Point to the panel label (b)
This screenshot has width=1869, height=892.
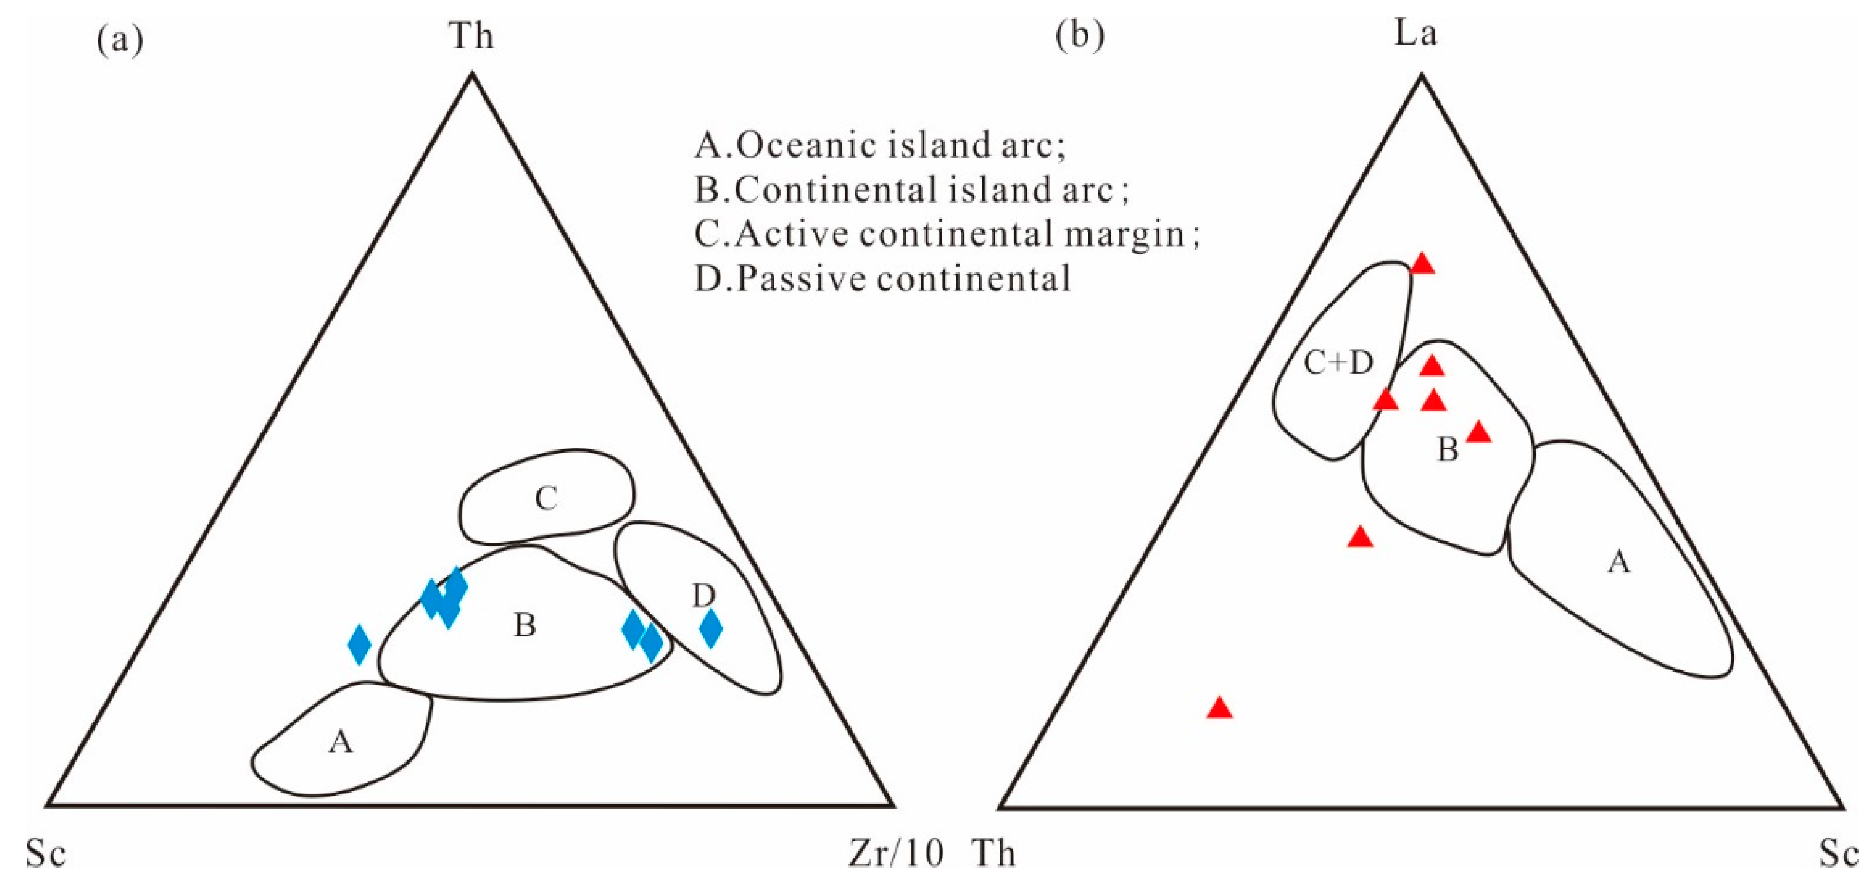[x=1080, y=35]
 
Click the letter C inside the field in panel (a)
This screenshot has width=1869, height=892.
[x=546, y=499]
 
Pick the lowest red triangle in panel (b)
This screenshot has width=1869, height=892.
[x=1220, y=708]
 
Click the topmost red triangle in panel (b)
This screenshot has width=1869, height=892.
[x=1423, y=264]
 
